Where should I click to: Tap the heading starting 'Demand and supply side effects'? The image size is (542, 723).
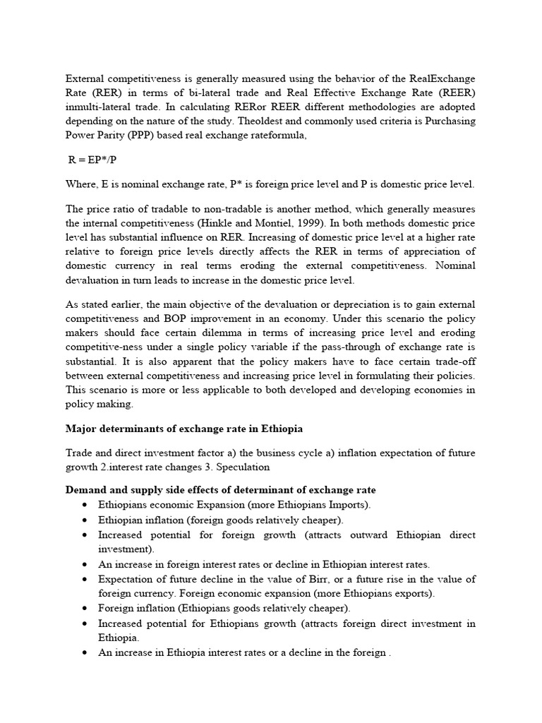[x=220, y=489]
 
